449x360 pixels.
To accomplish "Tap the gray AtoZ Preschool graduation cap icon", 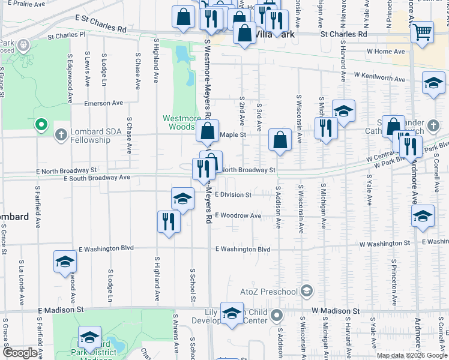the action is pos(307,292).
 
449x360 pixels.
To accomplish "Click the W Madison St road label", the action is pos(335,311).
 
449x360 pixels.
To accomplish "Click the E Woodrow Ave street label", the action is pos(238,215).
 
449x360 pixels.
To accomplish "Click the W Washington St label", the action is pos(385,244).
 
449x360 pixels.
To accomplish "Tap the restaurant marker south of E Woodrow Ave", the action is pos(169,222).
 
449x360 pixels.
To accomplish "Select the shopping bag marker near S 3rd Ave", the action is pos(280,141).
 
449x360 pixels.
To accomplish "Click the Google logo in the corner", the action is pos(20,353).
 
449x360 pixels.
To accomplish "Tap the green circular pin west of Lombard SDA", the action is pos(41,125).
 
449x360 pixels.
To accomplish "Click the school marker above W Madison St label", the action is pos(232,313).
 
